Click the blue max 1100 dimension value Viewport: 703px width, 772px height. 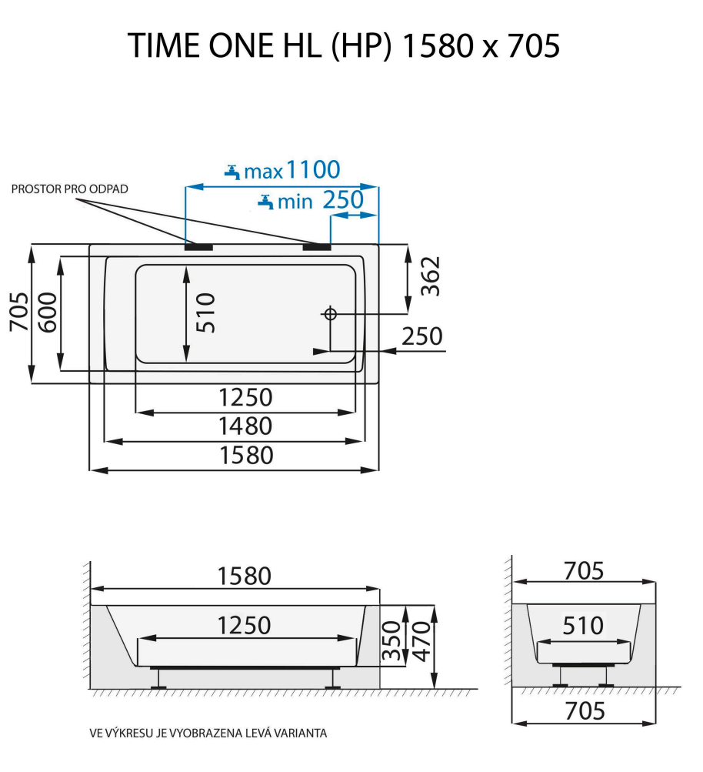tap(312, 169)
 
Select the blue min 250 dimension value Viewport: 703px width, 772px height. tap(342, 201)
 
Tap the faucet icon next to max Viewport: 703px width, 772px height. tap(233, 171)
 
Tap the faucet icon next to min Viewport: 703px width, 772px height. tap(265, 202)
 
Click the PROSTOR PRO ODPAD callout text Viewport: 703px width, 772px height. tap(70, 189)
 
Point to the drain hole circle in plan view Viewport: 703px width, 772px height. tap(330, 313)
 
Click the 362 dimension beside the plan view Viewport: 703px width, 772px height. tap(431, 276)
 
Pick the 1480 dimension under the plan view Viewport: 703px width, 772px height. tap(245, 426)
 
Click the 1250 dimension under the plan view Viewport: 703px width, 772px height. tap(245, 397)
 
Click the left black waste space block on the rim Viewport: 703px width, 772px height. tap(199, 247)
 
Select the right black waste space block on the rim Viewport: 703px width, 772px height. tap(315, 247)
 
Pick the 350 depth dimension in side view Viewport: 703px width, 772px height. tap(394, 642)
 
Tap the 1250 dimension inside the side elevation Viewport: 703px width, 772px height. tap(244, 625)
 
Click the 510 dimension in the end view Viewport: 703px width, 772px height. tap(583, 626)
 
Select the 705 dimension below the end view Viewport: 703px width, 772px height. tap(585, 710)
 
